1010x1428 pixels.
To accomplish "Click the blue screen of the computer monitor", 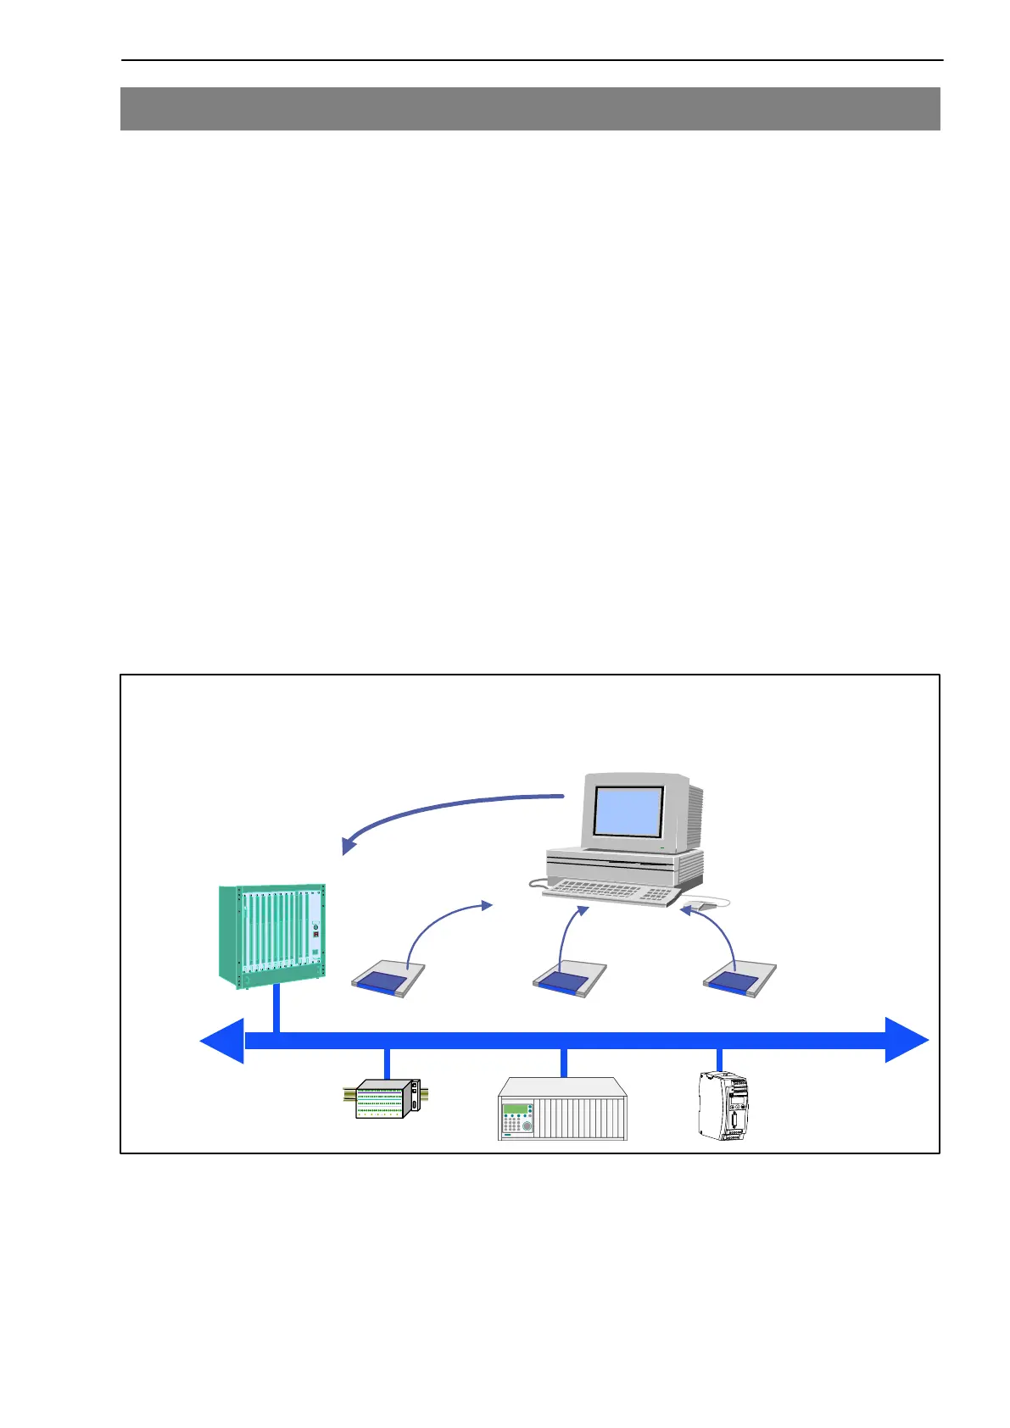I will pos(628,811).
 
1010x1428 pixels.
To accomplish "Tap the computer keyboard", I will pos(611,892).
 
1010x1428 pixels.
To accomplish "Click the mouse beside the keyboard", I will pos(705,905).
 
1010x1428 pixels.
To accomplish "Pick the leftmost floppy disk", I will pos(388,980).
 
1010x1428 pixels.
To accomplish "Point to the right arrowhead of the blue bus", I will pos(907,1040).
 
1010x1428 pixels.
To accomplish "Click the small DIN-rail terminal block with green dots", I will pos(383,1100).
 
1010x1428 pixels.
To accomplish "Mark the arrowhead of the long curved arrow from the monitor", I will pos(348,846).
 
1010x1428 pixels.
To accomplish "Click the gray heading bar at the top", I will pos(530,108).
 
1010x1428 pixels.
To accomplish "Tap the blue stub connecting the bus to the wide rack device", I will pos(562,1063).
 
